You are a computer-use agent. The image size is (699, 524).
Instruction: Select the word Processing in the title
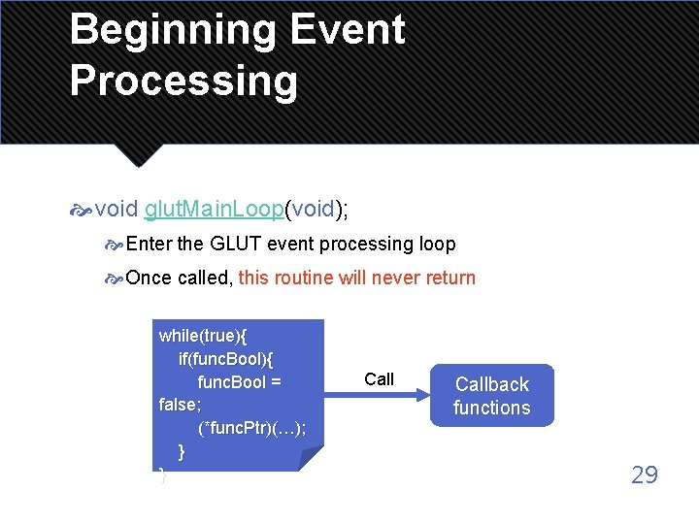183,82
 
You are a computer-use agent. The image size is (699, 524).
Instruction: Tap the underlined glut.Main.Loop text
214,209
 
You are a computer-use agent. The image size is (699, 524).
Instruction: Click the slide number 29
645,475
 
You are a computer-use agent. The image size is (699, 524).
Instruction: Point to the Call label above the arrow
379,379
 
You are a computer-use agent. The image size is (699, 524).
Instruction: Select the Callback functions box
491,396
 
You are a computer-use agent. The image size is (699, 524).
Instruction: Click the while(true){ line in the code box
203,336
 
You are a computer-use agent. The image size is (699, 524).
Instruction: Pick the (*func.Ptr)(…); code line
251,429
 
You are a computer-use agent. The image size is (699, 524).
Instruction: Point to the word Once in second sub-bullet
149,278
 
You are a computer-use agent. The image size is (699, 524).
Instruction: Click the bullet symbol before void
82,210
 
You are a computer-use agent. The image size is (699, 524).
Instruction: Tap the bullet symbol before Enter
114,245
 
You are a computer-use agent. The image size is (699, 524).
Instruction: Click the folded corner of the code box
310,459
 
